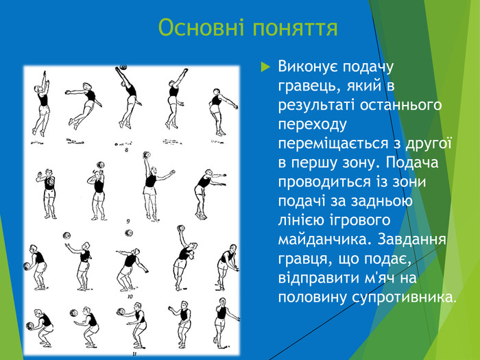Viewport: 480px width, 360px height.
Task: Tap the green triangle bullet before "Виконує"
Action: [266, 68]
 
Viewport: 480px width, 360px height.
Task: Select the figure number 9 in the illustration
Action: [128, 221]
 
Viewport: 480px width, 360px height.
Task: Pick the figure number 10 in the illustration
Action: [130, 297]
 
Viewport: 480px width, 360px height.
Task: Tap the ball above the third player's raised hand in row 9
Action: [147, 155]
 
